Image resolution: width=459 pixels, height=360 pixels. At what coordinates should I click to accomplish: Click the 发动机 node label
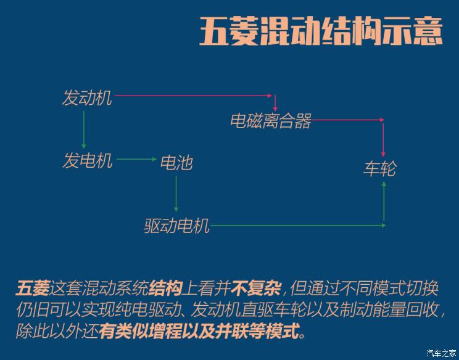tap(87, 97)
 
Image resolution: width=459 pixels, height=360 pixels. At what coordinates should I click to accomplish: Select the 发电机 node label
tap(87, 160)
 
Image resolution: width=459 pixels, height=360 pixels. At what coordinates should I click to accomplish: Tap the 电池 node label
tap(176, 163)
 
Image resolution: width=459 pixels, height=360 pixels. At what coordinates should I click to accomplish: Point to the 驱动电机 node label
tap(177, 226)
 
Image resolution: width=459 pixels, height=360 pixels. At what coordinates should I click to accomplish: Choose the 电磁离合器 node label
tap(270, 121)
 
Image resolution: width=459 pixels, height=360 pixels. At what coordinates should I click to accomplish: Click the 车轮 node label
tap(379, 168)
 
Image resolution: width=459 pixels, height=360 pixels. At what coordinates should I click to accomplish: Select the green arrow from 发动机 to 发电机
tap(84, 129)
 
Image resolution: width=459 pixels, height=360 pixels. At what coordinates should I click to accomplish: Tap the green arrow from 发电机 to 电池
tap(137, 160)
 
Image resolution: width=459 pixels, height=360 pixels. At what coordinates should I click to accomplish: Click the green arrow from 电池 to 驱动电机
tap(176, 194)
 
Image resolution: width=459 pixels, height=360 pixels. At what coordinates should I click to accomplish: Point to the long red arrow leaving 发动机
tap(193, 96)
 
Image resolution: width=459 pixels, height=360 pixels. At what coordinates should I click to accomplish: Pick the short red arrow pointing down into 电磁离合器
tap(275, 103)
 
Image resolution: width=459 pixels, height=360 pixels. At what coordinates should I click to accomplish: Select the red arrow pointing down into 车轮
tap(383, 140)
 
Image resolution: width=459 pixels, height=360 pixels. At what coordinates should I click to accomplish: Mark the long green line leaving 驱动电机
tap(298, 226)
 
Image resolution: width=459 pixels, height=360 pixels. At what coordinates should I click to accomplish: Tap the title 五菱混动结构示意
tap(321, 31)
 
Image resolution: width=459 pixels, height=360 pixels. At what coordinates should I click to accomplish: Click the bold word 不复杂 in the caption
tap(256, 288)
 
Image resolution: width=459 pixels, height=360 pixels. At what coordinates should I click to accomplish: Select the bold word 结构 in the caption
tap(166, 288)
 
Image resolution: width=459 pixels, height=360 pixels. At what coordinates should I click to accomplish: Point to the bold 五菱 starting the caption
tap(32, 288)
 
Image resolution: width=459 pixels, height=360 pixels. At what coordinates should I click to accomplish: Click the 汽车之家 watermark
tap(441, 353)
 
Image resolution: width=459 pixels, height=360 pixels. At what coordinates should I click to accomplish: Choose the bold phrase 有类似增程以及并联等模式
tap(201, 332)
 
